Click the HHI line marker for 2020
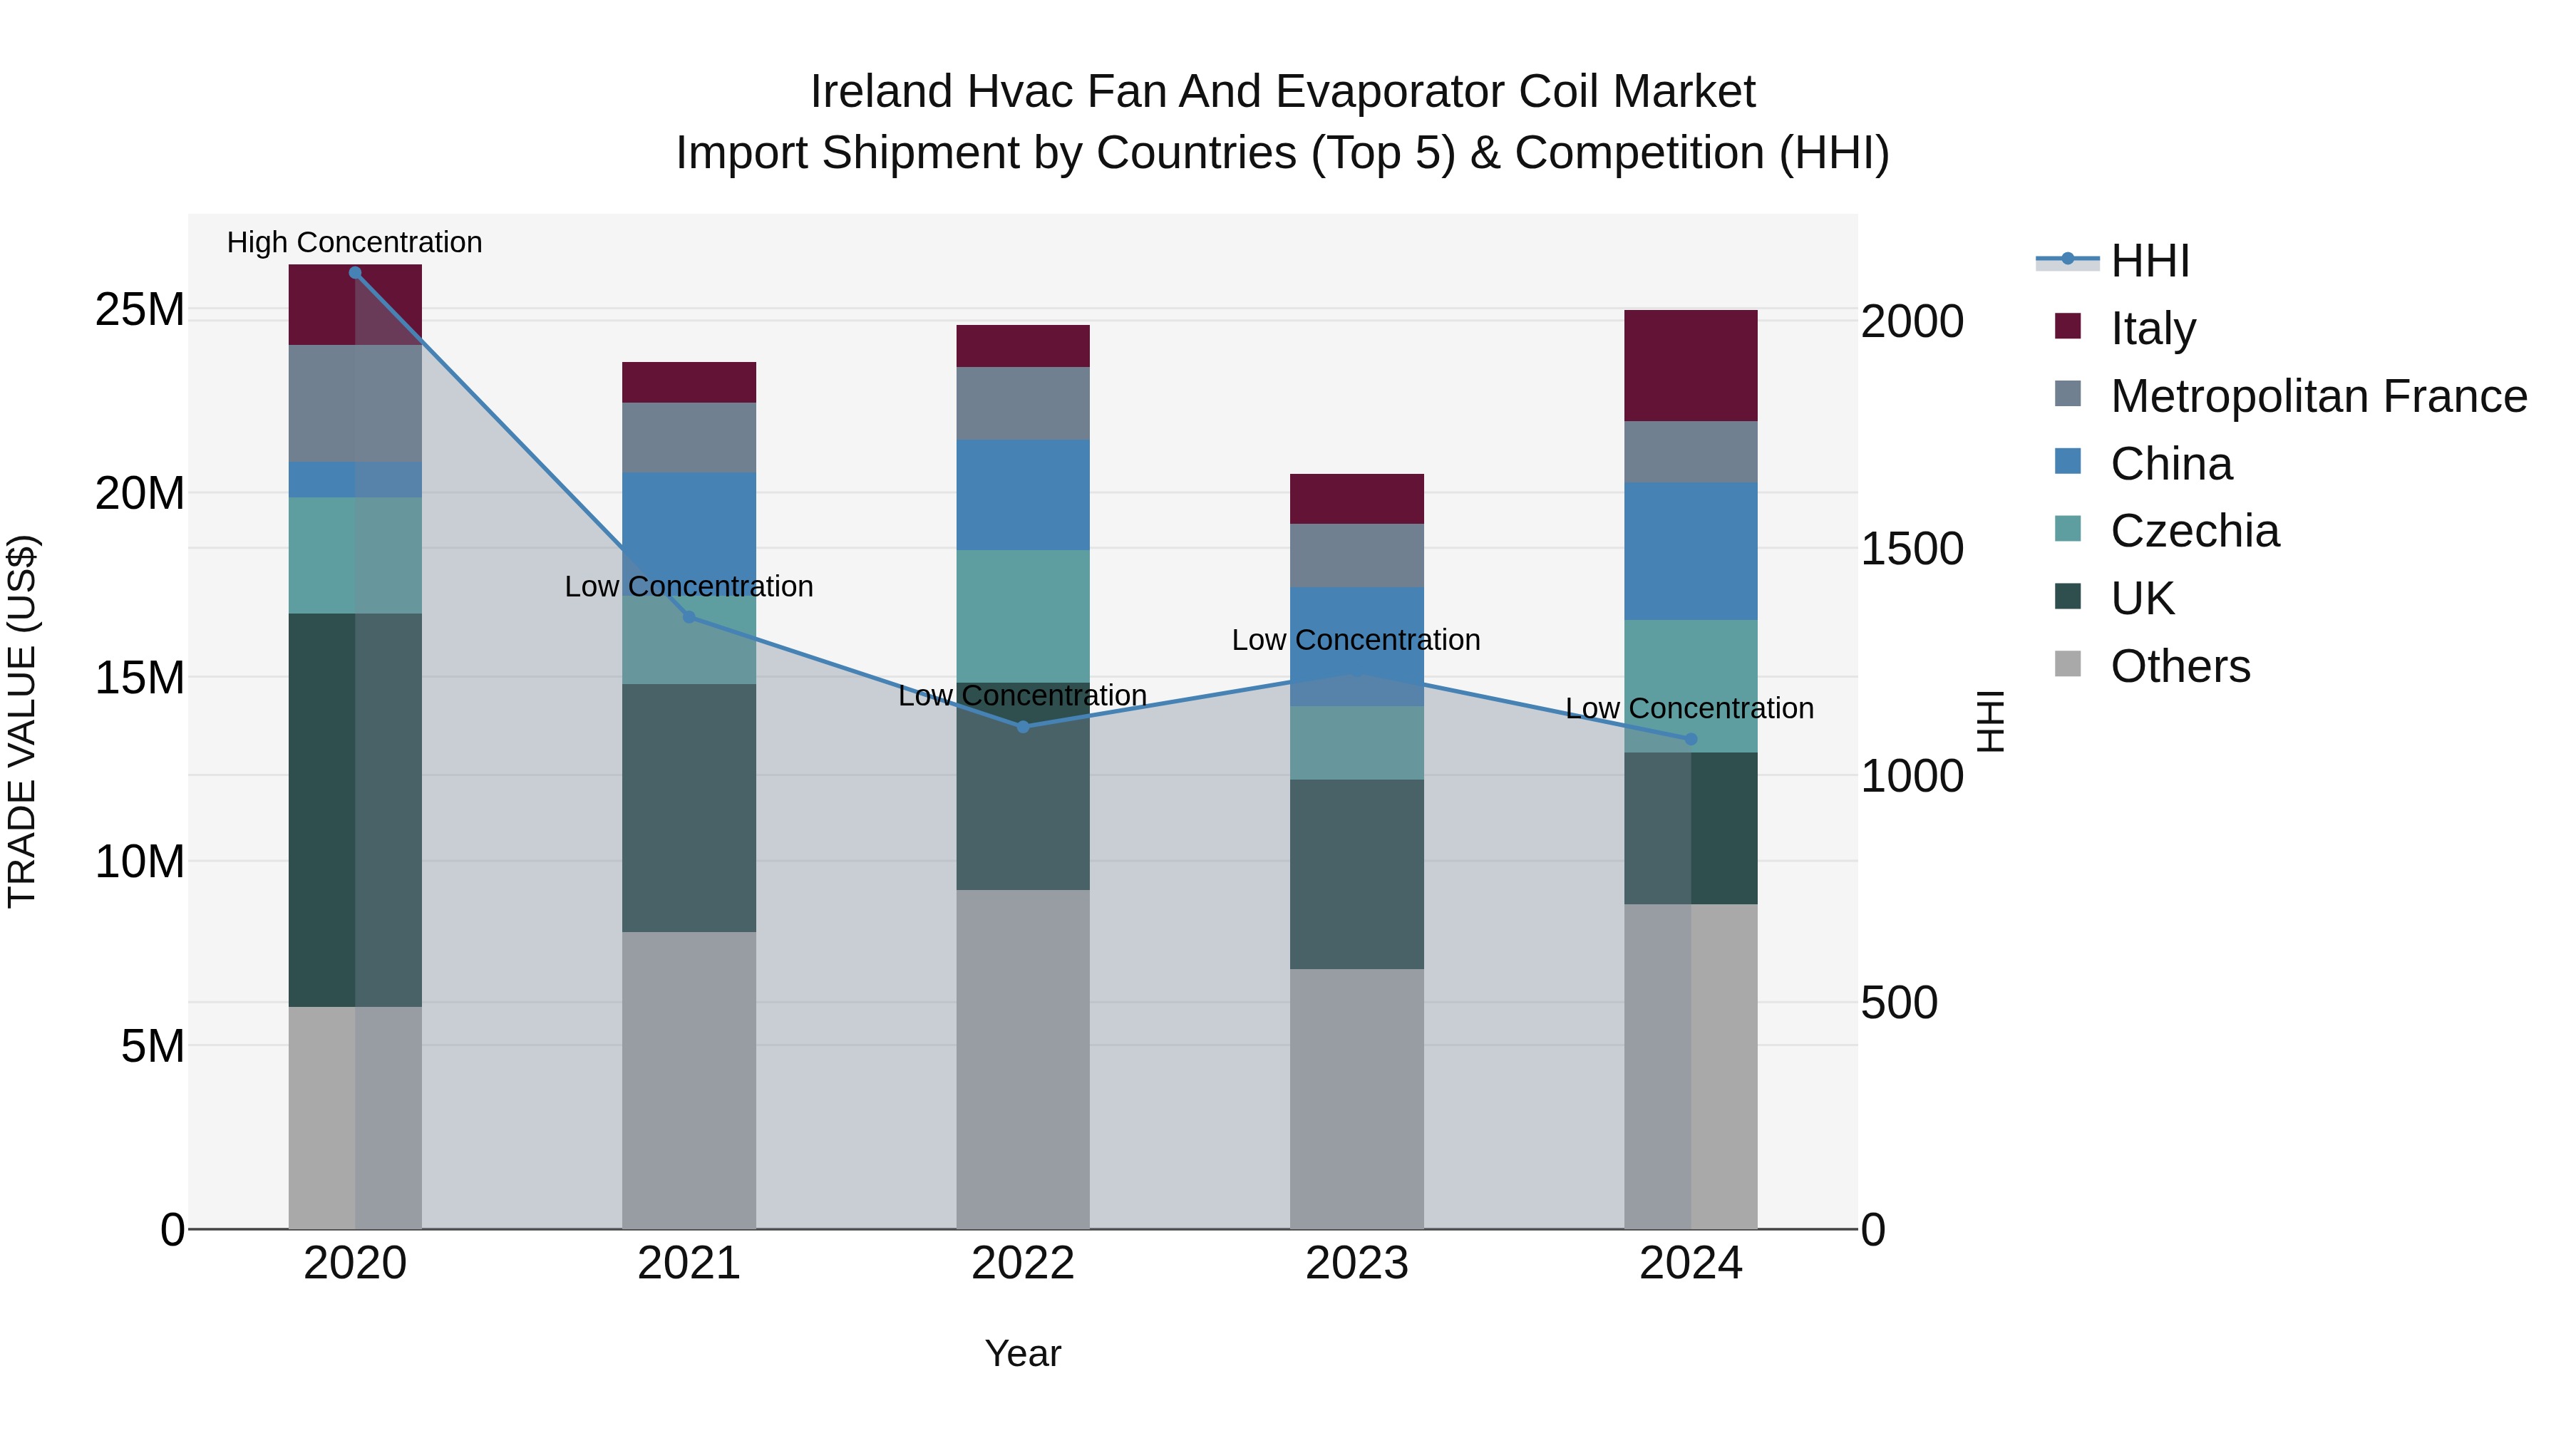click(x=355, y=273)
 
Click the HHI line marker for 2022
click(x=1023, y=727)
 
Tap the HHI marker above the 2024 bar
click(x=1691, y=740)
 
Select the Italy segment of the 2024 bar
click(x=1691, y=366)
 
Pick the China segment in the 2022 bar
click(x=1023, y=495)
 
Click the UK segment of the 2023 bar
click(x=1356, y=874)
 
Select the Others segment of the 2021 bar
click(x=689, y=1080)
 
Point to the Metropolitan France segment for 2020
click(x=355, y=403)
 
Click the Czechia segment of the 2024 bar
click(x=1691, y=686)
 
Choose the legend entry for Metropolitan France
click(x=2318, y=396)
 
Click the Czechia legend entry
click(x=2195, y=531)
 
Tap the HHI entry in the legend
click(x=2150, y=261)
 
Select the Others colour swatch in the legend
click(x=2068, y=664)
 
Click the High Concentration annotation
click(x=355, y=242)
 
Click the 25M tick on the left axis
click(x=140, y=310)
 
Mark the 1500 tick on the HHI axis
click(x=1912, y=549)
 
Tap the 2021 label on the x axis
click(x=689, y=1263)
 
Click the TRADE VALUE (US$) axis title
click(x=22, y=721)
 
